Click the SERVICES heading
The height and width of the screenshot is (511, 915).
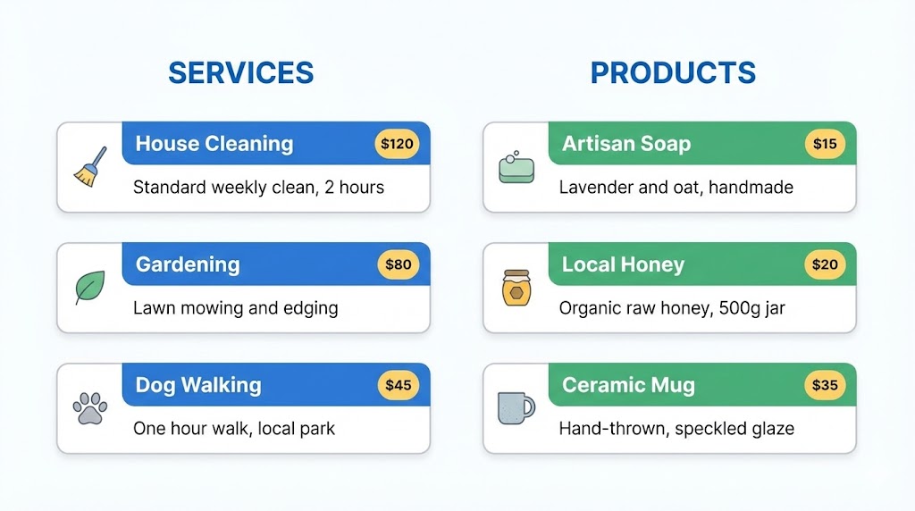[x=240, y=72]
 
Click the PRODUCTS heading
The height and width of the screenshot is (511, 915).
[x=673, y=72]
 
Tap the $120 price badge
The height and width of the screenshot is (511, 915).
[x=398, y=143]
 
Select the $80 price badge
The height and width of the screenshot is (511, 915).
[x=398, y=264]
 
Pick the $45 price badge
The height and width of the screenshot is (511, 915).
[x=398, y=385]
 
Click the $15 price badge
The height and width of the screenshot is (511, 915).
[x=825, y=143]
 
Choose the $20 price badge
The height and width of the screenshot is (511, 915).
[x=825, y=264]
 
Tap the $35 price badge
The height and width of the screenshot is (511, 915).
[x=825, y=385]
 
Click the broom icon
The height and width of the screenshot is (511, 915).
[x=89, y=167]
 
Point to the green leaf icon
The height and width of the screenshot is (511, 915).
[x=89, y=288]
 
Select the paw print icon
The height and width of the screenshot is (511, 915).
[x=89, y=408]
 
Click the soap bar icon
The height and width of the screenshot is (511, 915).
[x=516, y=168]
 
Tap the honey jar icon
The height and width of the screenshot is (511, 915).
[x=516, y=288]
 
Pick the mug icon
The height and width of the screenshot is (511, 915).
[x=516, y=407]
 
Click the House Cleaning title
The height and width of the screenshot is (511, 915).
[x=214, y=144]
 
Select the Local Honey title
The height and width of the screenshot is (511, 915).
[x=623, y=265]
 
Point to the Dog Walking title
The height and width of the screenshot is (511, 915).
[x=198, y=386]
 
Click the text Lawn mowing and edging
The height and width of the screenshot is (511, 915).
[x=235, y=308]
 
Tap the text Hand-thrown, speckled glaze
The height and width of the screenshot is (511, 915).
[x=676, y=429]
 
